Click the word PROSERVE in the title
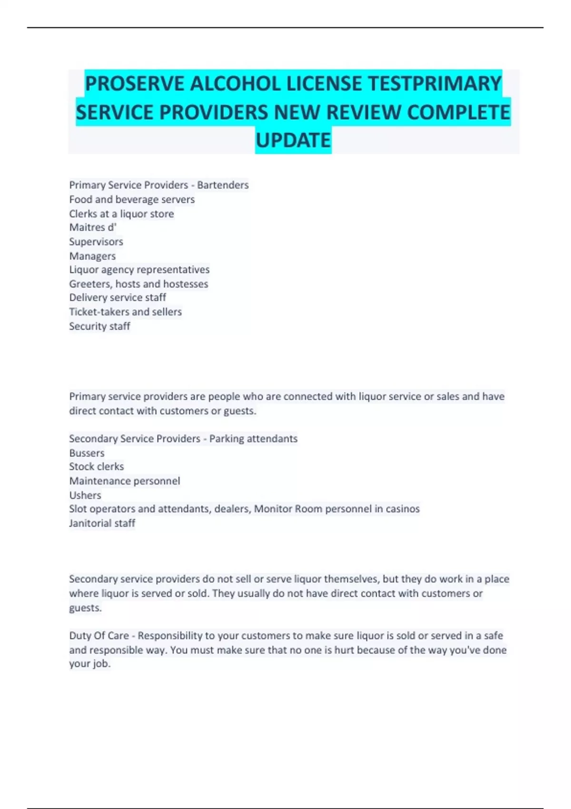[x=134, y=84]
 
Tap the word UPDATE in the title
[x=293, y=140]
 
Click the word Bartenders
[x=223, y=185]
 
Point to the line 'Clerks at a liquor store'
[x=121, y=214]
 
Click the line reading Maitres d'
[x=93, y=227]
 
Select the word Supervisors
[x=96, y=242]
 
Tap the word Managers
[x=92, y=256]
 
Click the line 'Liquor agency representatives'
[x=139, y=270]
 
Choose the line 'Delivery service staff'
[x=118, y=298]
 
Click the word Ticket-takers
[x=98, y=312]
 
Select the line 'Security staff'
[x=99, y=326]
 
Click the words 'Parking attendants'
[x=253, y=439]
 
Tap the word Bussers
[x=87, y=453]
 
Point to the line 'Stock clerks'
[x=96, y=467]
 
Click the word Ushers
[x=85, y=495]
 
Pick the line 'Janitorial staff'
[x=102, y=523]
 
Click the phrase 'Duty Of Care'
[x=99, y=636]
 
